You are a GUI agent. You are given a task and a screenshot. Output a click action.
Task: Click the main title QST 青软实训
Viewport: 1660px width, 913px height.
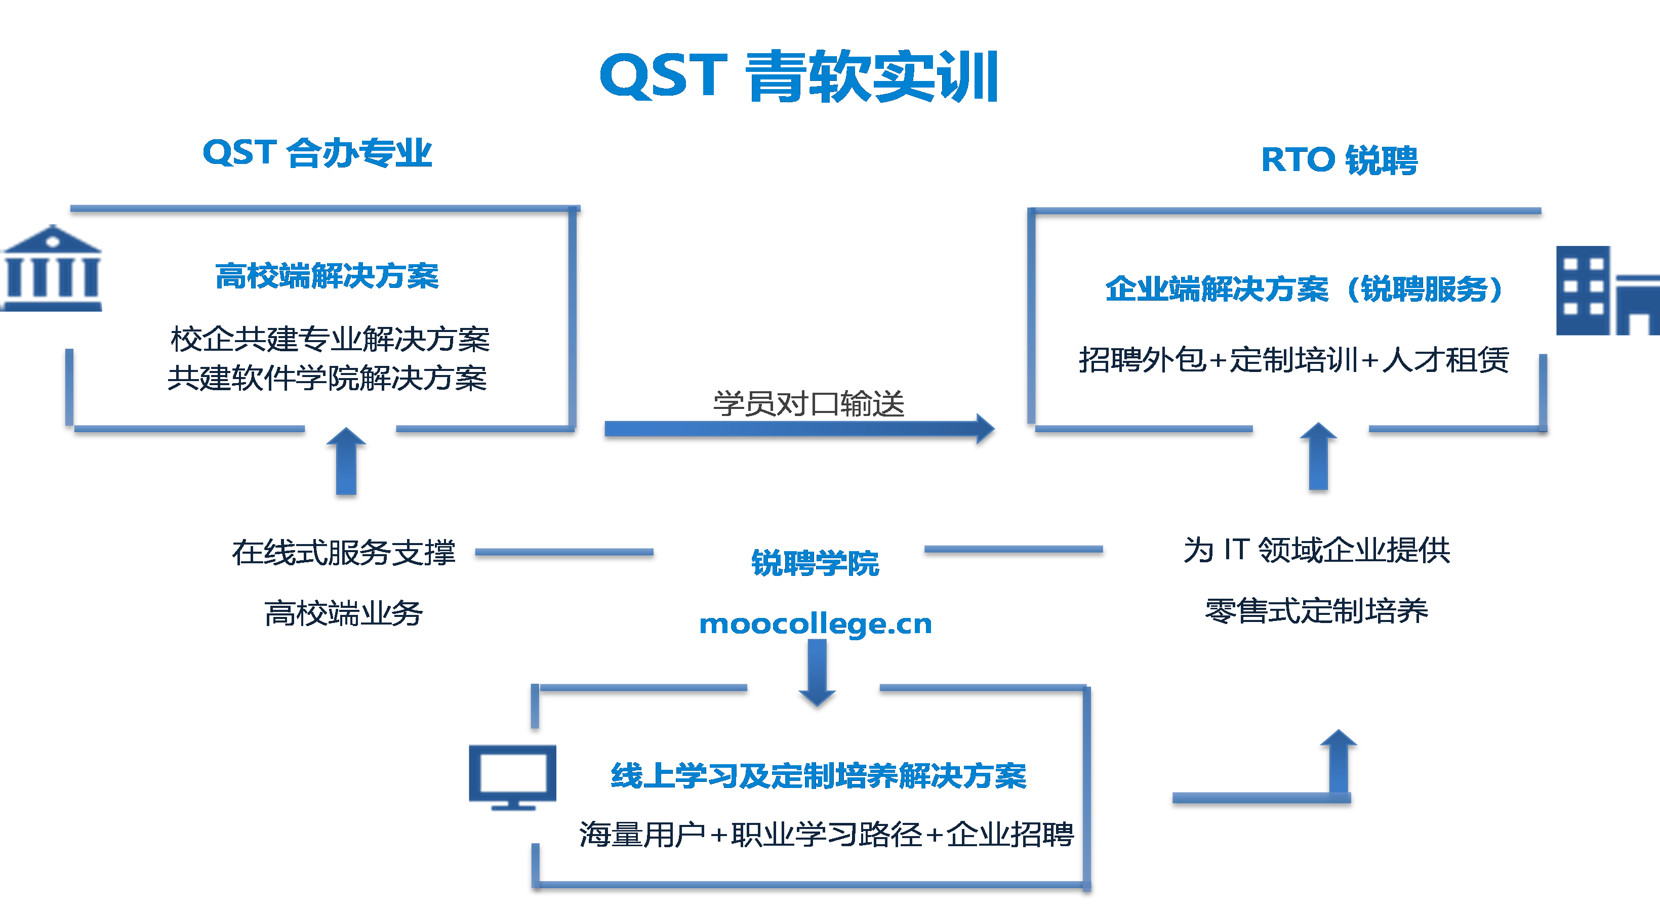point(798,77)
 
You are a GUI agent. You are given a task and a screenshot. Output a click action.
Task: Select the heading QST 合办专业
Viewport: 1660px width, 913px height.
point(317,153)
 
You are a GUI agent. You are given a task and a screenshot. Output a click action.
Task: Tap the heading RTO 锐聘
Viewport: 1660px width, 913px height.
point(1339,160)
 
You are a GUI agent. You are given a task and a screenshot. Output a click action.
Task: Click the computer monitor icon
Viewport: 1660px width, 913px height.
point(512,776)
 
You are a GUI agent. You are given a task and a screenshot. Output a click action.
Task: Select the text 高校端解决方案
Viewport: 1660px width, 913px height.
point(327,276)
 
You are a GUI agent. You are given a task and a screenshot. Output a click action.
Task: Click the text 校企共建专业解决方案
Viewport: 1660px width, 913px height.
point(330,339)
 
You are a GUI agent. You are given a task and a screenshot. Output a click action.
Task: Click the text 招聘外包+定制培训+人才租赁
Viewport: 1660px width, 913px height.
point(1294,359)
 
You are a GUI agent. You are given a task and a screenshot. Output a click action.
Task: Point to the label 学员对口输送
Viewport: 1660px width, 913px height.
point(808,404)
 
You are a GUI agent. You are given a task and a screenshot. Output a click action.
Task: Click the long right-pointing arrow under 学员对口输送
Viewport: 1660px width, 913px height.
point(799,429)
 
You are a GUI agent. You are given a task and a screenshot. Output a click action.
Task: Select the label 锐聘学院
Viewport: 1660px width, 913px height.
point(815,562)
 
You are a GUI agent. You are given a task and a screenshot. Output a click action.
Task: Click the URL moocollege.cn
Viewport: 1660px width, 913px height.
point(815,624)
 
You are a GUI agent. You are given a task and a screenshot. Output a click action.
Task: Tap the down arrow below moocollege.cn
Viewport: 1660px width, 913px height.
point(817,673)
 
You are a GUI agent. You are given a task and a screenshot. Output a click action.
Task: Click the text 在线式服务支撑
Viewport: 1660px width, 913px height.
point(343,552)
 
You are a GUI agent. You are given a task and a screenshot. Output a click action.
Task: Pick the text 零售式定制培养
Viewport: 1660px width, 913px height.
point(1316,610)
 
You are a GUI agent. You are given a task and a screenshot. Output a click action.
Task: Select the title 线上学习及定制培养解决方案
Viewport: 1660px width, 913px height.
point(819,776)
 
